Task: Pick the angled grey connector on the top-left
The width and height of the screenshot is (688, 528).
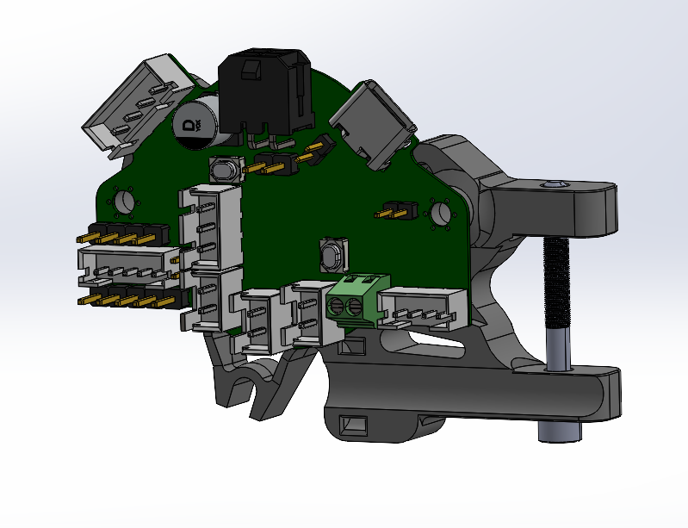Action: tap(139, 101)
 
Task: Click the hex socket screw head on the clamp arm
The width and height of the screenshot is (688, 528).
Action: tap(552, 184)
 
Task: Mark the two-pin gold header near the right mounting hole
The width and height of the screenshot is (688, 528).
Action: tap(398, 210)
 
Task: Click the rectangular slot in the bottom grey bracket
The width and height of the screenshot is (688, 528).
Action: tap(354, 425)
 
